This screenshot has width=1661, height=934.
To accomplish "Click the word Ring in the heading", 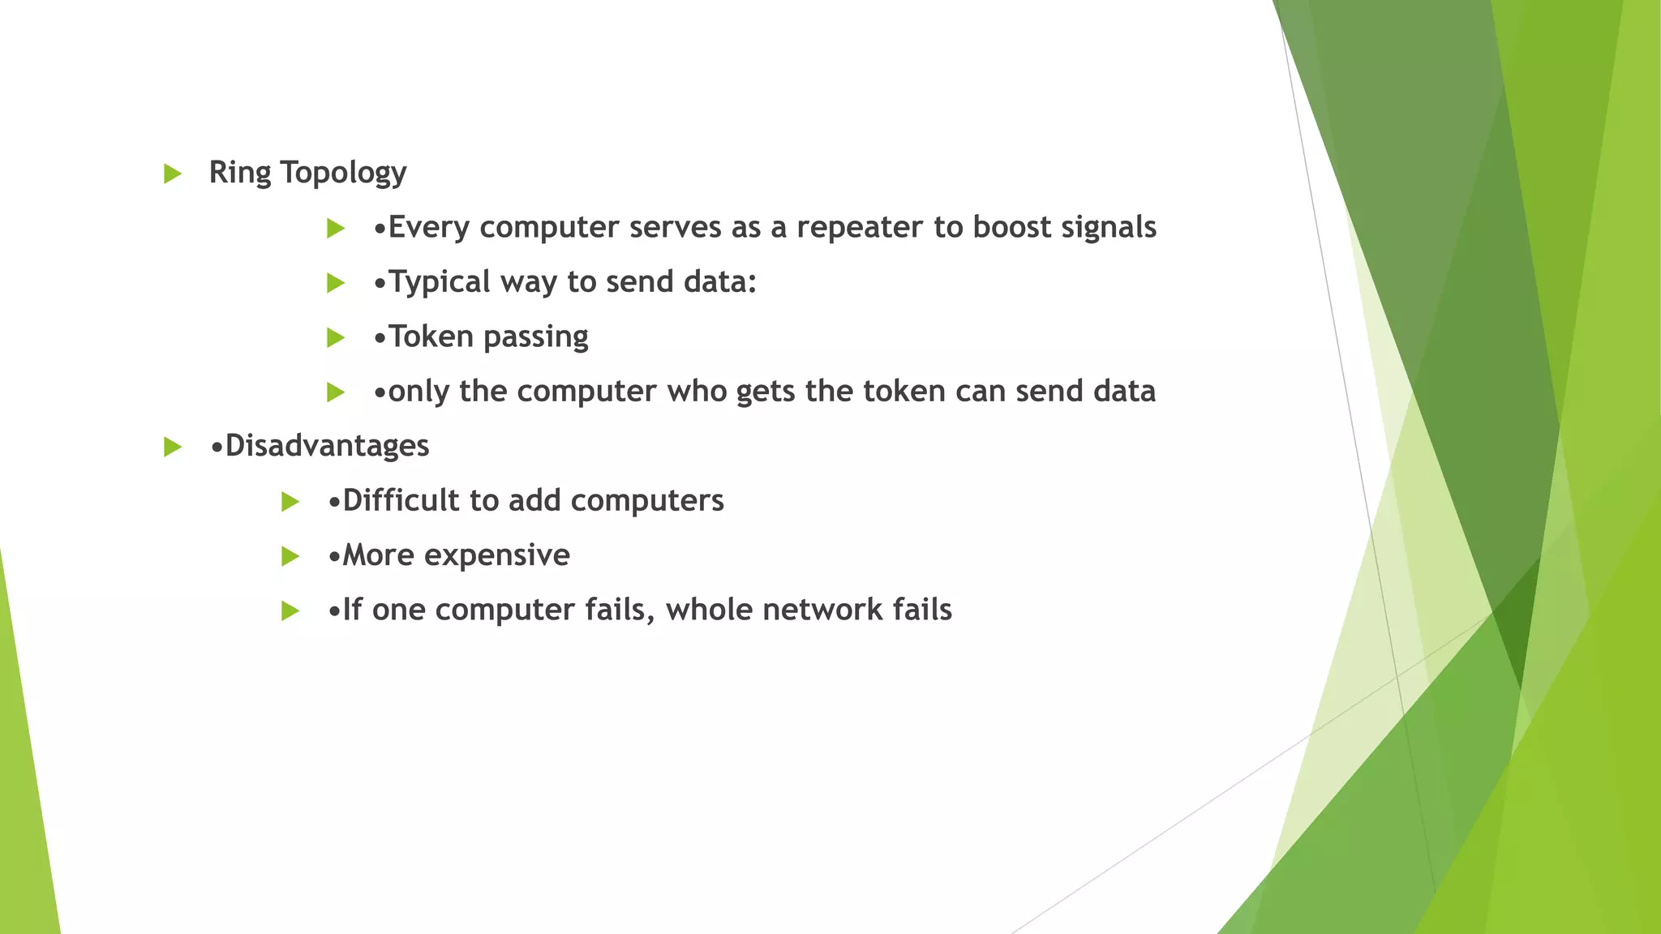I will click(x=239, y=173).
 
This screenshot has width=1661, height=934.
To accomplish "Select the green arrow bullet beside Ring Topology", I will click(x=172, y=174).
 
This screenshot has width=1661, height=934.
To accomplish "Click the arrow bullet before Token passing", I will click(x=336, y=337).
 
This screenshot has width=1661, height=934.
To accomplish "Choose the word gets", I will click(x=766, y=392).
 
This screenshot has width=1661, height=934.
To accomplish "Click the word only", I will click(x=418, y=392).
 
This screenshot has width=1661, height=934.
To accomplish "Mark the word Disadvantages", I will click(x=327, y=446).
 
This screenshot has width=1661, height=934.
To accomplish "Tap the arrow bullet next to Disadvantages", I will click(x=172, y=447).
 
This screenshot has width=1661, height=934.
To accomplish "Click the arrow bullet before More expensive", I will click(x=290, y=556).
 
